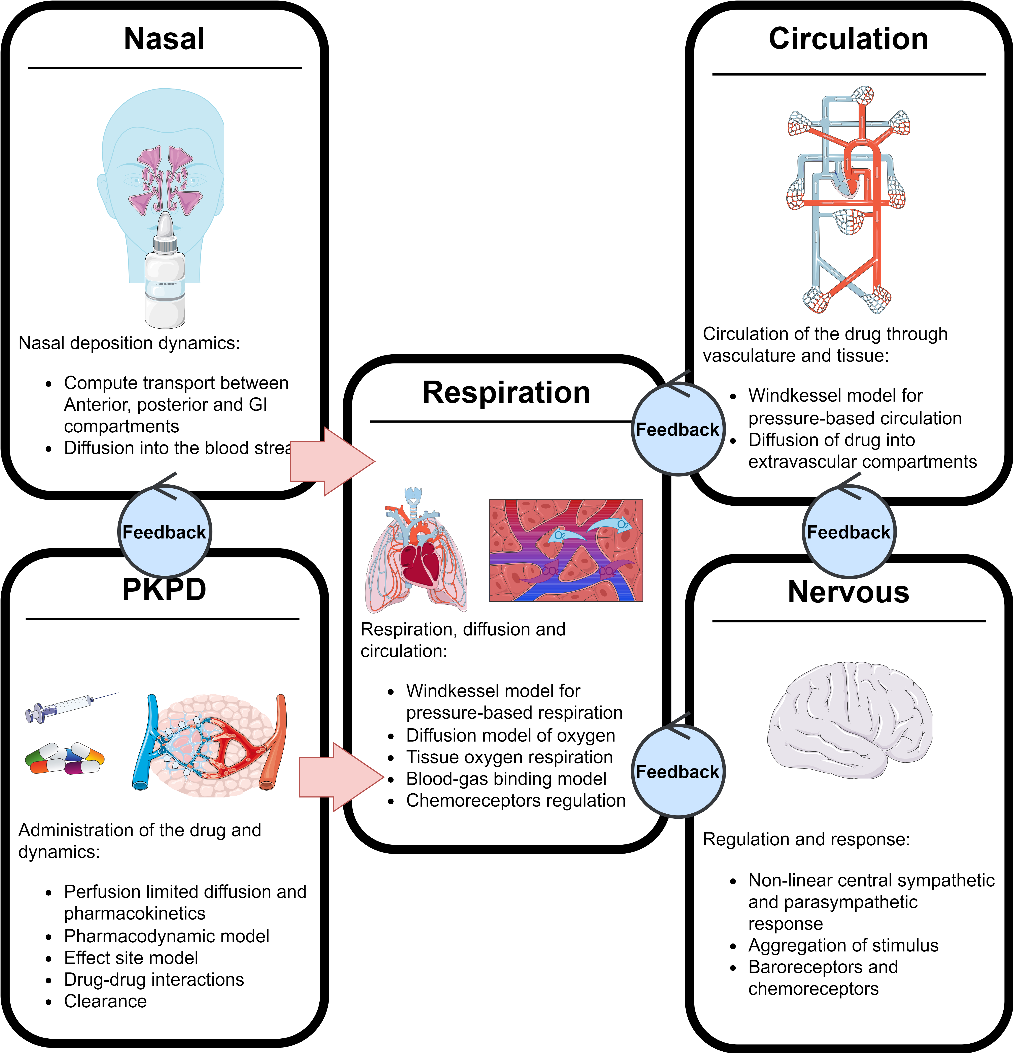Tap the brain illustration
coord(850,720)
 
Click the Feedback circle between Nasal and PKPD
coord(164,532)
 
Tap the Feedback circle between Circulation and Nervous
coord(849,532)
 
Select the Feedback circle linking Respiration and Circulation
coord(678,430)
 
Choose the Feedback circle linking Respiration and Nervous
coord(678,772)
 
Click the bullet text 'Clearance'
coord(105,1001)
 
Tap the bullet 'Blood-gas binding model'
coord(506,779)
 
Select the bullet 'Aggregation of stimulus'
coord(843,946)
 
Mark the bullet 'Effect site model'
coord(131,958)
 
